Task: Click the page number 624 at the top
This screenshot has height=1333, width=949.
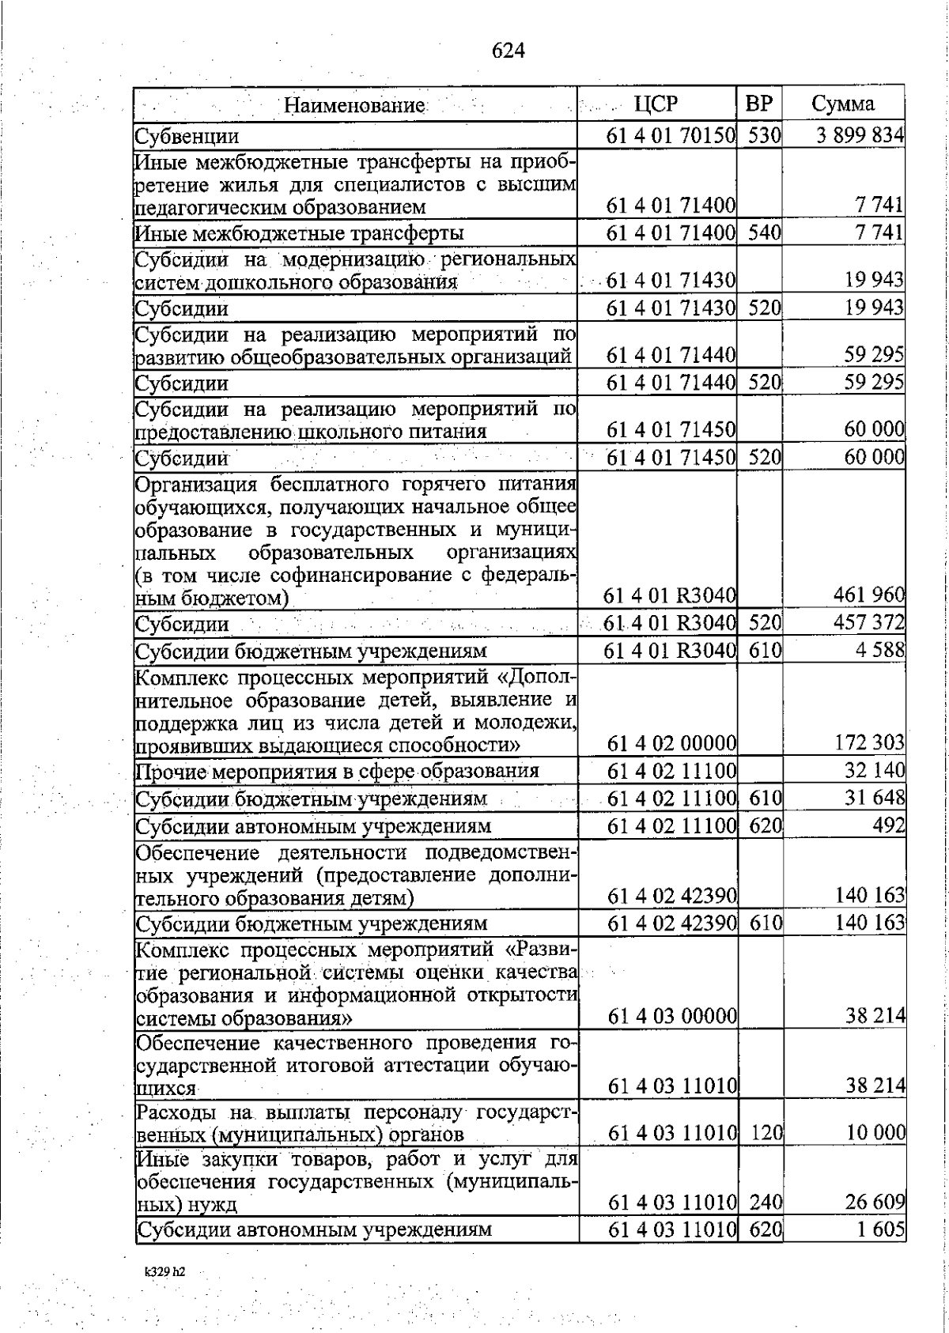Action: pos(508,51)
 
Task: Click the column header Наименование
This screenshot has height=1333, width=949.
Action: pos(354,105)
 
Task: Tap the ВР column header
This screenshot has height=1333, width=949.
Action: pos(759,104)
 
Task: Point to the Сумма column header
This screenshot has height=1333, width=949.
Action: pos(843,104)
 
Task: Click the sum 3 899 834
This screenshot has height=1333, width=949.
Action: pos(860,134)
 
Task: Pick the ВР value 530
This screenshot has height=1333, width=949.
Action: pos(765,134)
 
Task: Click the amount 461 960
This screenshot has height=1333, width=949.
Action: pos(869,595)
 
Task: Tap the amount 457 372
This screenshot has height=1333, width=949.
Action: pos(869,622)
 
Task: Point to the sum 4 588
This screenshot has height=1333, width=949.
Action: pos(882,651)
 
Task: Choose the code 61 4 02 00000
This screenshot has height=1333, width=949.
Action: pos(671,743)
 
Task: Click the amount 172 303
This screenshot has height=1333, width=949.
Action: pos(869,743)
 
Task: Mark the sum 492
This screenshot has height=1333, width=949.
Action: pos(889,825)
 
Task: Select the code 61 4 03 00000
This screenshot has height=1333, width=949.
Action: pos(671,1015)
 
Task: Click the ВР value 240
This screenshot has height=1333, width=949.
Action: pos(765,1202)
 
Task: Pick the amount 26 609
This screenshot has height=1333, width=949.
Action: pos(874,1202)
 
